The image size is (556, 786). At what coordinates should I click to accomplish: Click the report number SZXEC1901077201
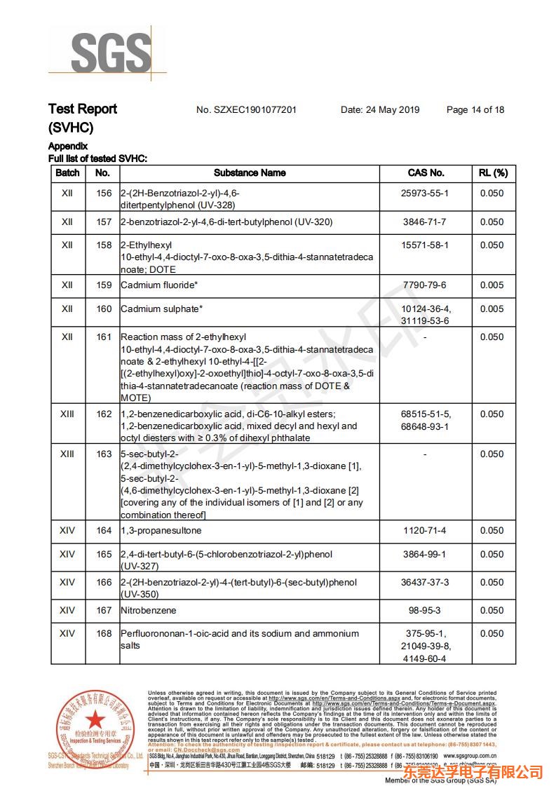(246, 109)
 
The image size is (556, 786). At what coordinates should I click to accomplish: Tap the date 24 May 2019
(380, 109)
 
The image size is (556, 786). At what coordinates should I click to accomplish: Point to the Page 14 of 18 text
(475, 109)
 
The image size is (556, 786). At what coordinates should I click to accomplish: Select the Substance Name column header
(250, 172)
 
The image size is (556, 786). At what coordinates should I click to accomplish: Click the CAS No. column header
(426, 172)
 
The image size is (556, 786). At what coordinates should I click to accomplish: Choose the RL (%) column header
(493, 172)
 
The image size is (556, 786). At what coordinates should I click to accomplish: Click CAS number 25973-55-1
(426, 193)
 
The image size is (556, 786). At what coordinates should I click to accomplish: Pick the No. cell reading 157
(104, 222)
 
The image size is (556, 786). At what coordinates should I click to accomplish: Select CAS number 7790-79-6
(426, 285)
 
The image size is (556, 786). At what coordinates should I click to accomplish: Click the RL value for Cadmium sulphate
(491, 309)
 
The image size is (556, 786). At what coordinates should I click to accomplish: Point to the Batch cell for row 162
(67, 414)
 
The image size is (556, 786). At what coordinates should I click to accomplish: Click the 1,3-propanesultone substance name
(163, 530)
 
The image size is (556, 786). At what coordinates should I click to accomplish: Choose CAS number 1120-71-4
(426, 530)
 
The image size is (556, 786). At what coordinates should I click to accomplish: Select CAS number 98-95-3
(426, 610)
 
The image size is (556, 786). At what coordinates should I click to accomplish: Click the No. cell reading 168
(104, 633)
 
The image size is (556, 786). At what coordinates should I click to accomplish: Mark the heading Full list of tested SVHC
(97, 158)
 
